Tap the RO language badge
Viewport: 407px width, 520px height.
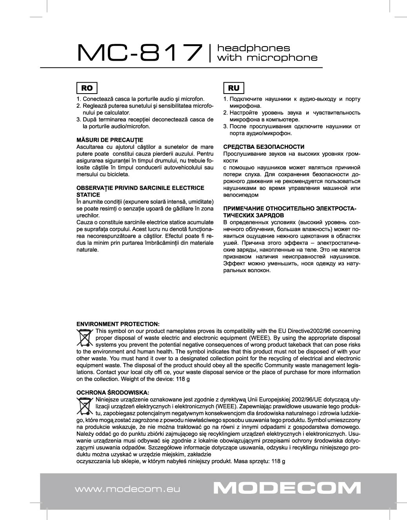[87, 88]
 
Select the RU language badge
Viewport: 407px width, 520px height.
[233, 88]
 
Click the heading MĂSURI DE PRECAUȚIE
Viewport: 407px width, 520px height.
[109, 140]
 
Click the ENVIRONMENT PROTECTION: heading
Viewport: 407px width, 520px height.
[118, 324]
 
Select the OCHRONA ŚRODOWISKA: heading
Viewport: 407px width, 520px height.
[113, 392]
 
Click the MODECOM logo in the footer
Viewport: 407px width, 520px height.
[287, 488]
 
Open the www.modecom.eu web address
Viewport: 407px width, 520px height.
[127, 489]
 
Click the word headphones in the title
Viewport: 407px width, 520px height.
[254, 48]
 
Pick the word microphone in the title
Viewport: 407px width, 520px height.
[282, 58]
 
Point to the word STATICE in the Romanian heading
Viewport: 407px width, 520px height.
[88, 195]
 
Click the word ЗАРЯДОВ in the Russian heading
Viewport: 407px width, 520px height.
[270, 215]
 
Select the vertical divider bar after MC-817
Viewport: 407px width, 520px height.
[211, 53]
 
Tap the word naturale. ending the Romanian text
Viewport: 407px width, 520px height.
[87, 250]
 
